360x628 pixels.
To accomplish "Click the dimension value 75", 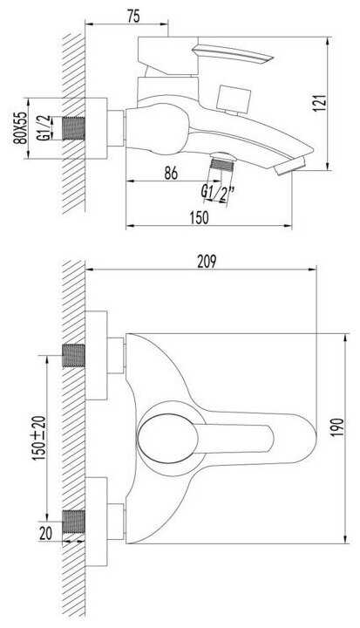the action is (x=133, y=16).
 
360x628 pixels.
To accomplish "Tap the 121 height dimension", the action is (x=320, y=103).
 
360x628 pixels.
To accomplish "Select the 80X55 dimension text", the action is (x=21, y=127).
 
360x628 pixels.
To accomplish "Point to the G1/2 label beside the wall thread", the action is (x=44, y=127).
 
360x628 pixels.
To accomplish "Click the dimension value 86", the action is (x=171, y=173).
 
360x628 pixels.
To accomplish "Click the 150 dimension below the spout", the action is (x=199, y=217).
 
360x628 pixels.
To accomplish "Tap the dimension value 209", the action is (x=207, y=261).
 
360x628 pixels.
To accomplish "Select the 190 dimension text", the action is (x=337, y=427).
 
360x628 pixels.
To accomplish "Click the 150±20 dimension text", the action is (x=39, y=438).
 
